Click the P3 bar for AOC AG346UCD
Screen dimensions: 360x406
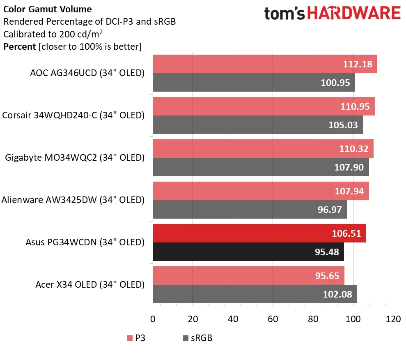click(246, 64)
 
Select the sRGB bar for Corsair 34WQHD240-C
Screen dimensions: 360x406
click(238, 125)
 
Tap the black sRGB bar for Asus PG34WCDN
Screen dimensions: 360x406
click(230, 252)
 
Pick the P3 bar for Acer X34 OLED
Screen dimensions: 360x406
click(230, 275)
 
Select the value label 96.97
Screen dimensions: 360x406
click(330, 210)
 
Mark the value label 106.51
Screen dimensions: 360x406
click(346, 233)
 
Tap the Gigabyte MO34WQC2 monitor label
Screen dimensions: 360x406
click(74, 157)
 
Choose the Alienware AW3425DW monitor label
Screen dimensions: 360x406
click(73, 200)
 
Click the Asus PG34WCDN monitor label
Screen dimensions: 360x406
click(85, 242)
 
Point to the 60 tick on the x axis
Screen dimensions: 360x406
click(273, 319)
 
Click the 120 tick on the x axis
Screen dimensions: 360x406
click(393, 319)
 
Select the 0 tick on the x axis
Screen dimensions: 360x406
click(153, 319)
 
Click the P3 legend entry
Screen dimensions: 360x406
click(136, 338)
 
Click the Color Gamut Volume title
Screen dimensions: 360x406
click(48, 9)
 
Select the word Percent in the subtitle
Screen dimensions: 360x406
click(19, 46)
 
